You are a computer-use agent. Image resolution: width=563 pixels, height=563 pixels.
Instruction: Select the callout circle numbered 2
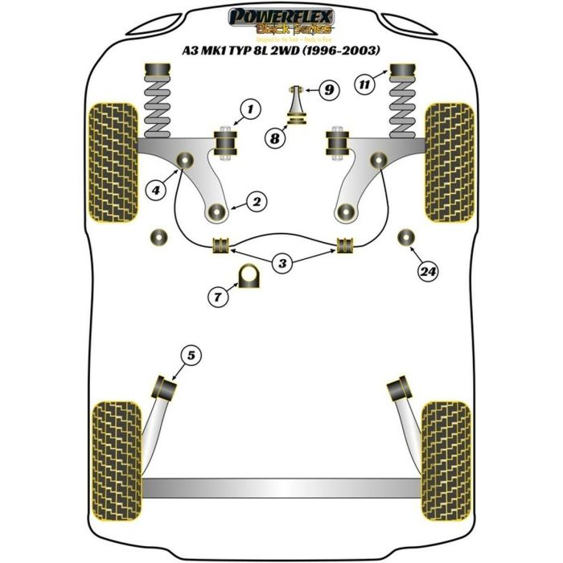point(255,201)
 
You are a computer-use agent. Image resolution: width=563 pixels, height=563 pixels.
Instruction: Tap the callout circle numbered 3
point(281,261)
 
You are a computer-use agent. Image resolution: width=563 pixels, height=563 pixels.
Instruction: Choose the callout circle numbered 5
point(190,353)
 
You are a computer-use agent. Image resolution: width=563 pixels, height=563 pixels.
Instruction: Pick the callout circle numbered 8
point(275,138)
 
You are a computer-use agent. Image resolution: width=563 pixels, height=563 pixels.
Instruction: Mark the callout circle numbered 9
point(327,90)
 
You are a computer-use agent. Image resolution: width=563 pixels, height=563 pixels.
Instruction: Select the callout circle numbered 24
point(429,272)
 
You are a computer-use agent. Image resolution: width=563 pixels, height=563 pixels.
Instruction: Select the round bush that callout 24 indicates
point(408,236)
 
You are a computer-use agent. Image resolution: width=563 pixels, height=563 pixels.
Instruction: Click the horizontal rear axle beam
point(281,487)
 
